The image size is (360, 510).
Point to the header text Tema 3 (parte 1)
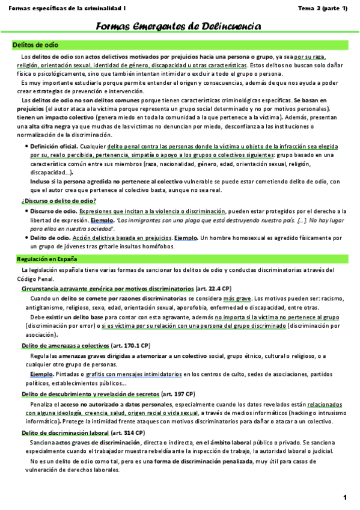click(x=323, y=8)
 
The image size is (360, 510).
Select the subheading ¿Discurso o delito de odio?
click(x=59, y=200)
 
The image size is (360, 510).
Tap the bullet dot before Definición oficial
click(x=25, y=146)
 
